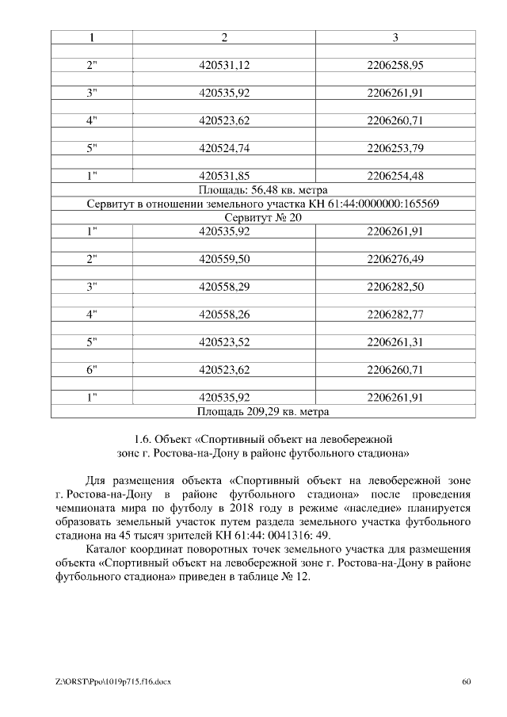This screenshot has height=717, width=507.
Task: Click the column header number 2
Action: point(224,37)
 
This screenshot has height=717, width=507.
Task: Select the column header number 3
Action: point(395,37)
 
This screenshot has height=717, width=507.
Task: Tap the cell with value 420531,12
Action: point(224,65)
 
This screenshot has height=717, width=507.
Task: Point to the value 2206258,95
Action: point(395,65)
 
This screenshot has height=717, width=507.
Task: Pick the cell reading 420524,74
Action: point(224,148)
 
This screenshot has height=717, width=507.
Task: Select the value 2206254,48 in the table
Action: point(395,176)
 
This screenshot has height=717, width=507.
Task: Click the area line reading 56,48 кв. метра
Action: point(262,190)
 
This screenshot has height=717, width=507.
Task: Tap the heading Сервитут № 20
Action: point(262,218)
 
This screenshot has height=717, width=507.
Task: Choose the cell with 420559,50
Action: point(224,259)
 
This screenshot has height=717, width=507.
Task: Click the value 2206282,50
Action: point(395,287)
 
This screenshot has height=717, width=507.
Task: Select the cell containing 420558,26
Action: point(224,315)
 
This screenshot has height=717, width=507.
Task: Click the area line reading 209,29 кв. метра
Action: point(262,412)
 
